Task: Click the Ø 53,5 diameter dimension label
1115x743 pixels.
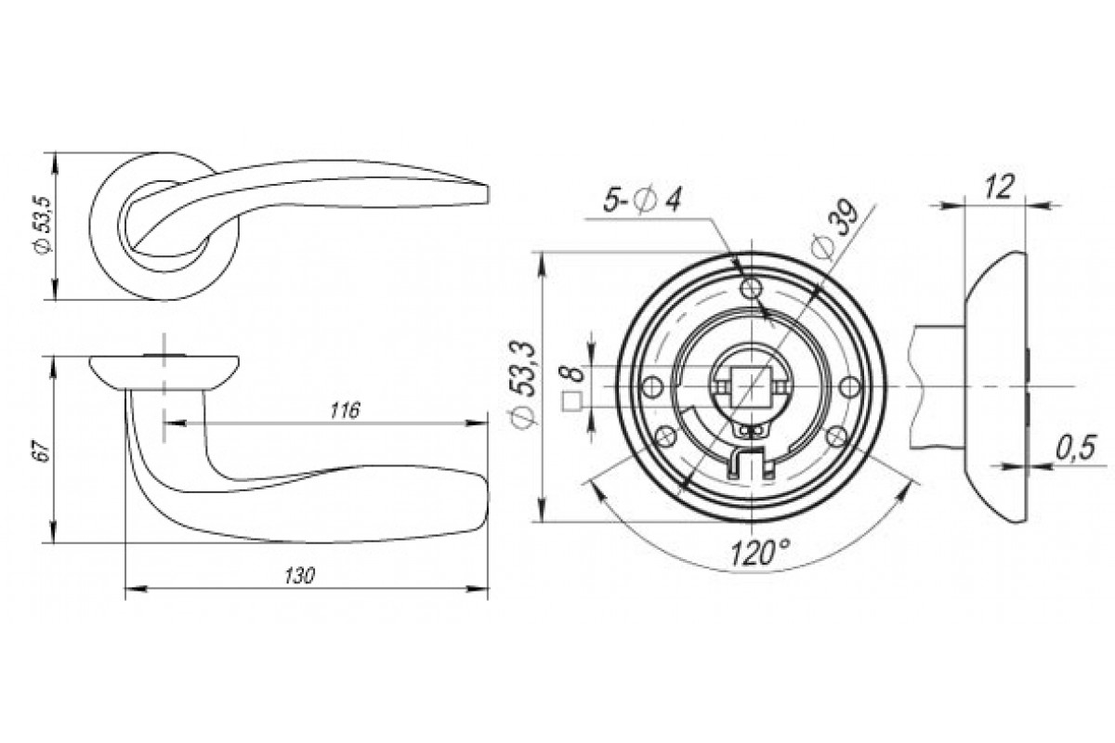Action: point(44,225)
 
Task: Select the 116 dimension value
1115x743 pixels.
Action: point(345,411)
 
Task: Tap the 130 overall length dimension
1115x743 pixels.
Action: point(299,576)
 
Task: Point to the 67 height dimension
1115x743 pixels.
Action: point(44,450)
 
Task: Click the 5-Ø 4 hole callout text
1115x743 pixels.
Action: point(642,202)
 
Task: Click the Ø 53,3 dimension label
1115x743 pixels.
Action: point(526,384)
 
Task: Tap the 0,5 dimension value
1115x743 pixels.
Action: point(1075,448)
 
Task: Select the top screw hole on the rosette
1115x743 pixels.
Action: point(751,288)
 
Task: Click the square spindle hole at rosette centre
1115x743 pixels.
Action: point(751,387)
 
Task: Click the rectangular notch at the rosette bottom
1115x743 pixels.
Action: point(751,463)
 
